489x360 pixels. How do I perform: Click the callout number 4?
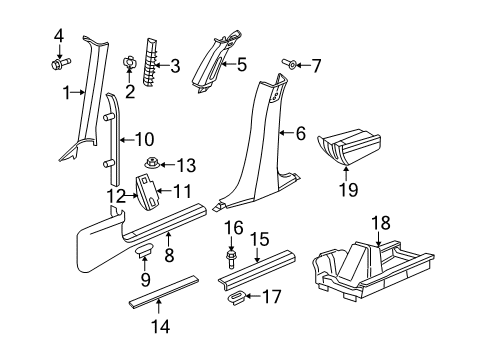click(x=57, y=39)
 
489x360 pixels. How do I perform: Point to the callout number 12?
click(x=115, y=194)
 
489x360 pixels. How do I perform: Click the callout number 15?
click(x=259, y=237)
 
